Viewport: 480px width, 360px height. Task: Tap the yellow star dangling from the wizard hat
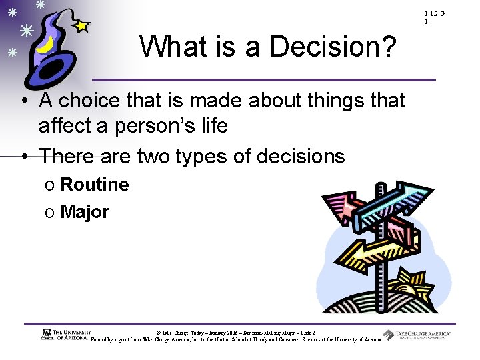click(81, 26)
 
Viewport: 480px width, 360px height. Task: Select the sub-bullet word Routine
click(94, 185)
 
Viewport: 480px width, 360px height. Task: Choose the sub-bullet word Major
click(84, 213)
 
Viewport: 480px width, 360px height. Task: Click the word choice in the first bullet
click(95, 101)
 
